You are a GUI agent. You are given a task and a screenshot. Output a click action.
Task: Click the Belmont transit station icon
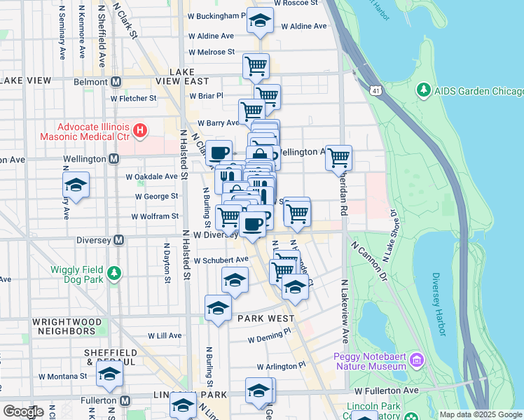tap(116, 81)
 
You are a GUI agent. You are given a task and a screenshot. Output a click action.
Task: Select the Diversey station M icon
tap(118, 240)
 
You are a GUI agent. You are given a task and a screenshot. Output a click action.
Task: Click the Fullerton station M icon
tap(125, 401)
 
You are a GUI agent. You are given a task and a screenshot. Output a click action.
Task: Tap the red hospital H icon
tap(140, 130)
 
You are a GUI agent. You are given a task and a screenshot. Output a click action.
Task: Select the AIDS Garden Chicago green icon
tap(423, 90)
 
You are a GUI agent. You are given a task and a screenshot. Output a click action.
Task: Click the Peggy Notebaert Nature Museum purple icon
tap(418, 360)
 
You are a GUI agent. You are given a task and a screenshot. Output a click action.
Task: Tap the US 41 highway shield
tap(377, 90)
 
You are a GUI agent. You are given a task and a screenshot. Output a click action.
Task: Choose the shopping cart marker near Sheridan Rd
tap(339, 157)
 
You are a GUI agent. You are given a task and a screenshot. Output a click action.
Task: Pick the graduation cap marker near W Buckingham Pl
tap(259, 21)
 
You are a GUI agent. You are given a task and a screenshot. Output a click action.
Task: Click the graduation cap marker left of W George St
tap(76, 185)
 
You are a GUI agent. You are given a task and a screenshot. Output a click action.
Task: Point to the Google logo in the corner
tap(23, 411)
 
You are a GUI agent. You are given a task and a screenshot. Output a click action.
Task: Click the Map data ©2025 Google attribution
tap(481, 414)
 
